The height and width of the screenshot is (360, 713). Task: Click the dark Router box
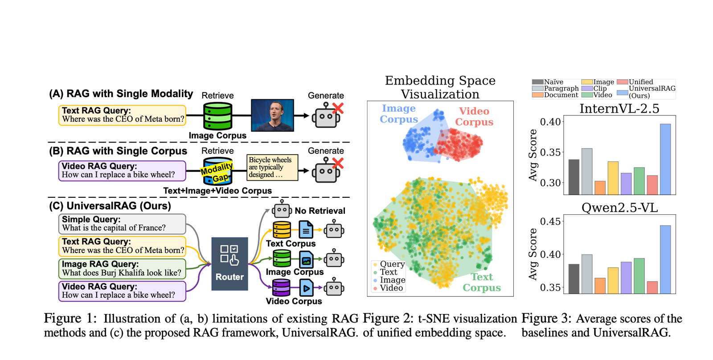click(229, 264)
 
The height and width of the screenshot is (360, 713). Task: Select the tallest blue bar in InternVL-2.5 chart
click(665, 159)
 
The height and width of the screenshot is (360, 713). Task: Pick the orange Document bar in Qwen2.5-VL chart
click(600, 286)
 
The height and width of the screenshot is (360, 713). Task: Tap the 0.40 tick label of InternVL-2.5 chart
click(550, 122)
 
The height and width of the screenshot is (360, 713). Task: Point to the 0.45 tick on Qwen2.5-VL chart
click(550, 221)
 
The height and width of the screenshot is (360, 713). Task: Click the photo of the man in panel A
click(272, 115)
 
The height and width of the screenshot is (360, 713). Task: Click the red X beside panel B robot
click(338, 164)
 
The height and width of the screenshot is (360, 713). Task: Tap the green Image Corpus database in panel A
click(217, 116)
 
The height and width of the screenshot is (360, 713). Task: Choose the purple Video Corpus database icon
click(281, 288)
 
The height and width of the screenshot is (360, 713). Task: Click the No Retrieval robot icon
click(282, 209)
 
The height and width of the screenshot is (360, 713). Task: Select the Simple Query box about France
click(122, 224)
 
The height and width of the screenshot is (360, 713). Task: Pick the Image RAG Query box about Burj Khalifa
click(122, 268)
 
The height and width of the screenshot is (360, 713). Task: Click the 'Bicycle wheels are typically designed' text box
click(272, 168)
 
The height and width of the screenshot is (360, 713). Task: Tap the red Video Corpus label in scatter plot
click(474, 117)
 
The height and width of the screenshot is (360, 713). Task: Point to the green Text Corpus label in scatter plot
click(482, 282)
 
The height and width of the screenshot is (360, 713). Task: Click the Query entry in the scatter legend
click(389, 264)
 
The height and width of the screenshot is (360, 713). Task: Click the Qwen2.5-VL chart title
click(619, 208)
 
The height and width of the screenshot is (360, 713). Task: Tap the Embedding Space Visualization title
click(440, 87)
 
